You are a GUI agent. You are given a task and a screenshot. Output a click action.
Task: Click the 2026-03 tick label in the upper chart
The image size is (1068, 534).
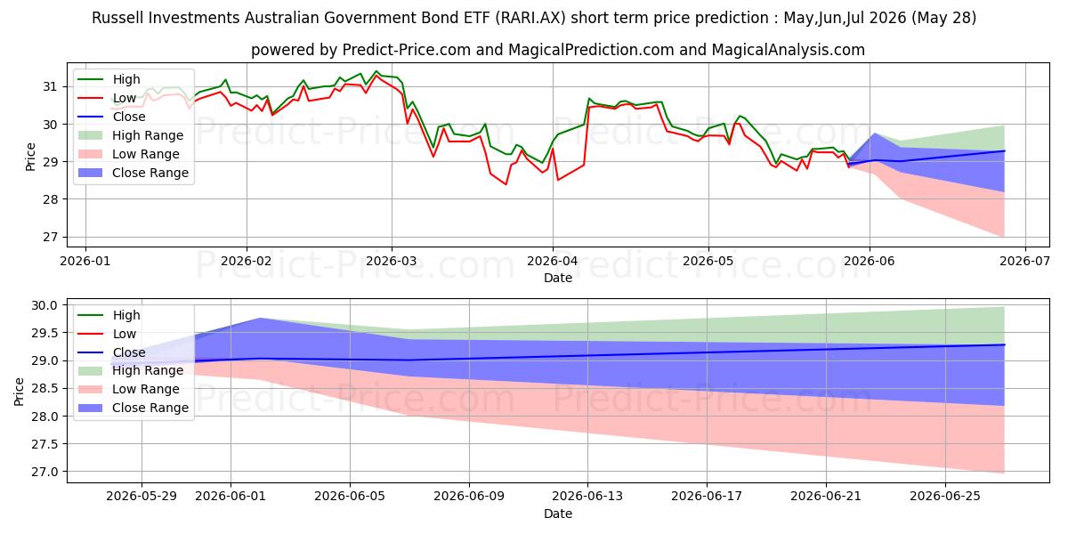coord(391,261)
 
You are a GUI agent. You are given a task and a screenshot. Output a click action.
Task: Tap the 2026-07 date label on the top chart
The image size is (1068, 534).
coord(1024,261)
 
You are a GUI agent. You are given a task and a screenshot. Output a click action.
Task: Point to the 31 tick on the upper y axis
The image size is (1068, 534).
coord(50,87)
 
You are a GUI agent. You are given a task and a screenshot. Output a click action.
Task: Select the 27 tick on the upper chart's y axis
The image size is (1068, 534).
coord(50,237)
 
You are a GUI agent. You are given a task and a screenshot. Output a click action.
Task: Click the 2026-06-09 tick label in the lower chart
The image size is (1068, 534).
coord(469,497)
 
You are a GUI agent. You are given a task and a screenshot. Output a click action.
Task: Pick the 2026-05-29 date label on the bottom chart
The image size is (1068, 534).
coord(142,497)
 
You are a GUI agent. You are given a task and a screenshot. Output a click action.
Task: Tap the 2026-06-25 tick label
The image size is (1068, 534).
coord(945,497)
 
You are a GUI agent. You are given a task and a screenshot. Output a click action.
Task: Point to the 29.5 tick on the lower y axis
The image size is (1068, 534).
coord(44,333)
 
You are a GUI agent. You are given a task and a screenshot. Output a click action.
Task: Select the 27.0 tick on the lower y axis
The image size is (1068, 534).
coord(44,472)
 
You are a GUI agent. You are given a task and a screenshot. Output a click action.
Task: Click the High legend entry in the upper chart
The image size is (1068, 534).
coord(109,79)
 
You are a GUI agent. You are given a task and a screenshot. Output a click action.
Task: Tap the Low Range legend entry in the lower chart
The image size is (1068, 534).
coord(129,389)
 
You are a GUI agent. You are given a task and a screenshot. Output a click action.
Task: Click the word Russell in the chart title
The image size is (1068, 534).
coord(117,18)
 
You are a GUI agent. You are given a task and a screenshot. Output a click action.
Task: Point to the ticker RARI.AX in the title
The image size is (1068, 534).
coord(531,18)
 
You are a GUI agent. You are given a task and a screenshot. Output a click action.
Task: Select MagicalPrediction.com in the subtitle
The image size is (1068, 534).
coord(591,50)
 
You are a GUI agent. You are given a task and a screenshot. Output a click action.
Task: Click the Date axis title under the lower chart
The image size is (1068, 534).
coord(558,514)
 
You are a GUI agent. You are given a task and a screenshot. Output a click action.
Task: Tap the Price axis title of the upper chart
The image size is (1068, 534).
coord(30,157)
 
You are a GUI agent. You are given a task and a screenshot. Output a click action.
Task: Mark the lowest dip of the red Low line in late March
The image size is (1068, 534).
coord(506,184)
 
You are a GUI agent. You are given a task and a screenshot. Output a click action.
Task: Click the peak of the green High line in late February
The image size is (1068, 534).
coord(376,71)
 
